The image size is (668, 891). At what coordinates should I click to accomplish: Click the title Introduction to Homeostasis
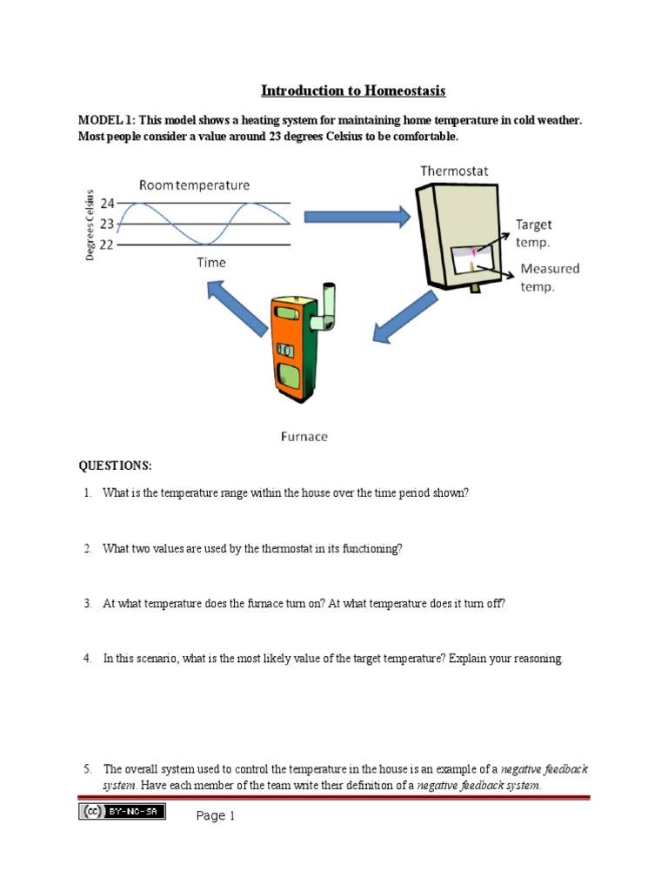(353, 90)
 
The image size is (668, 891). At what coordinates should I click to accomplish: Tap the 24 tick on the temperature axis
(107, 204)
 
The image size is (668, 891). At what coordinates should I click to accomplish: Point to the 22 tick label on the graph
(107, 244)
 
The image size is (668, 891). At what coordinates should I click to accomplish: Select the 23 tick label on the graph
(107, 224)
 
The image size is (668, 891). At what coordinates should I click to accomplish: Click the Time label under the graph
(210, 262)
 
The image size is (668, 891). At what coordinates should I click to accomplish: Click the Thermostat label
(454, 171)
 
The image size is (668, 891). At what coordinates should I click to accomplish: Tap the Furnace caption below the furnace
(304, 436)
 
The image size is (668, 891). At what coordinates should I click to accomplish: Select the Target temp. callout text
(533, 231)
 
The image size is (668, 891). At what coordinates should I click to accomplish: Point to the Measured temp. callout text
(549, 277)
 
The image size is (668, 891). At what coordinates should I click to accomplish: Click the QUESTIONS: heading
(115, 466)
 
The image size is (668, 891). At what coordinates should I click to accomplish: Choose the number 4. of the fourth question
(88, 659)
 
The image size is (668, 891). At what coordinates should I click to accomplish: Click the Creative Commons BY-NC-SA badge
(122, 811)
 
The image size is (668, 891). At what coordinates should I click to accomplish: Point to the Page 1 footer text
(216, 816)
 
